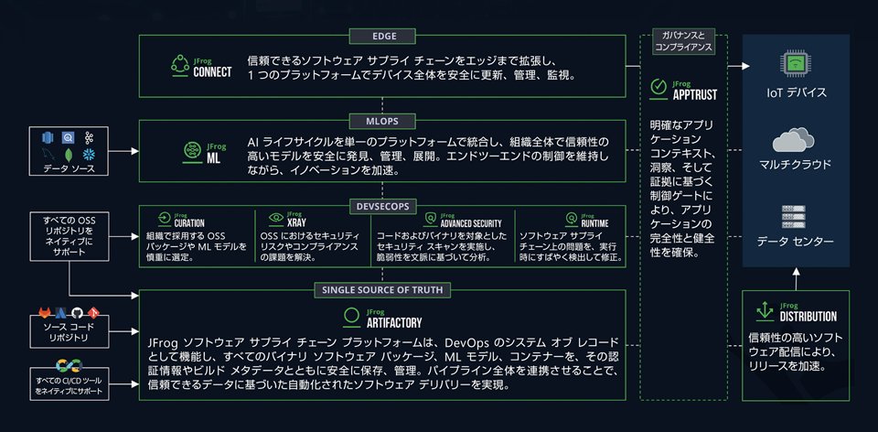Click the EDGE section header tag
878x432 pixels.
[383, 37]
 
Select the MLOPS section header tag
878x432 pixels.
[383, 120]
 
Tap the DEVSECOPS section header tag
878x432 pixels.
[383, 205]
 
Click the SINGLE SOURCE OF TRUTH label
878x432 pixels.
[383, 290]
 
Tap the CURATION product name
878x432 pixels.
[188, 223]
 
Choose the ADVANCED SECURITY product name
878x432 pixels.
[470, 223]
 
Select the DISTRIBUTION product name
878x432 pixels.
[808, 317]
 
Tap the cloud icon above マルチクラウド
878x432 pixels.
[796, 140]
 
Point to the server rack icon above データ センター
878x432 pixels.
[796, 216]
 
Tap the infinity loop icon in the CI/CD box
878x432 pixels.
[70, 365]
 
